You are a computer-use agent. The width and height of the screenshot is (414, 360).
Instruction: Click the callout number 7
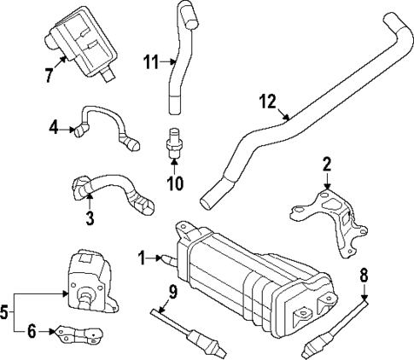pos(49,74)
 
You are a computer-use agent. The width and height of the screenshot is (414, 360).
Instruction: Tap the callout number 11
pos(150,61)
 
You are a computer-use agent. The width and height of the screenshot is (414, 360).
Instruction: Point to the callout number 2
pos(325,164)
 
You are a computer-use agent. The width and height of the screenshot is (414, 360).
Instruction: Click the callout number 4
pos(54,128)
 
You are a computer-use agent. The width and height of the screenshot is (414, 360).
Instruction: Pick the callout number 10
pos(175,183)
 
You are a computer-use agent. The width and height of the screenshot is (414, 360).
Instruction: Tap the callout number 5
pos(7,312)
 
